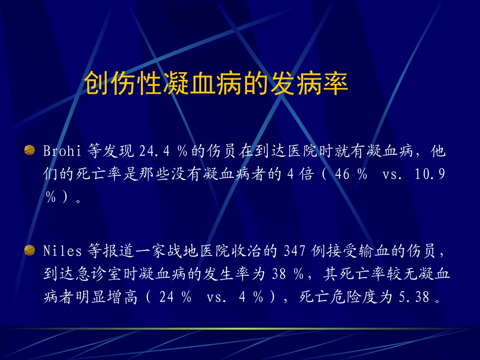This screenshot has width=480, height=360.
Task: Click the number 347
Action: (294, 250)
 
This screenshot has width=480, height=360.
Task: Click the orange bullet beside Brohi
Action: (30, 150)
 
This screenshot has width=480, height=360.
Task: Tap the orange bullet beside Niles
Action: (30, 249)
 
